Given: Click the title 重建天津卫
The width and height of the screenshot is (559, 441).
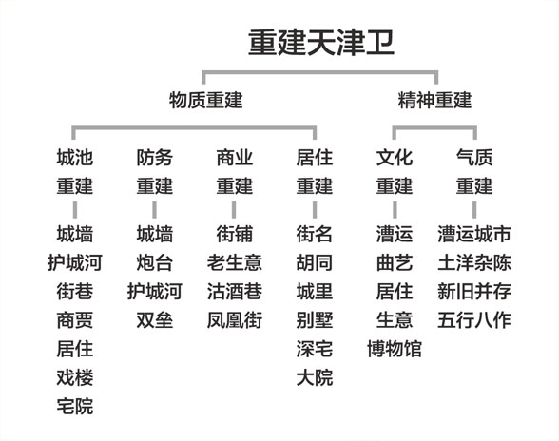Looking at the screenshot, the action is [321, 43].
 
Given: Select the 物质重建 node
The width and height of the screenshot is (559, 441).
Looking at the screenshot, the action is [205, 100].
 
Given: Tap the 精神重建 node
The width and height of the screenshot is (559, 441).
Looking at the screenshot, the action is [434, 100].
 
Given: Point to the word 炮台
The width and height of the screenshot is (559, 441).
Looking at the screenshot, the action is [155, 263].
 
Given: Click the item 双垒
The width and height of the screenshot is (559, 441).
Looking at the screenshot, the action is [155, 320].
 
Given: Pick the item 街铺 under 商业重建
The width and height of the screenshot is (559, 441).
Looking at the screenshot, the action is [235, 234].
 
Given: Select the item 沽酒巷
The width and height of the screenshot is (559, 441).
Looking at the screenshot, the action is [235, 292].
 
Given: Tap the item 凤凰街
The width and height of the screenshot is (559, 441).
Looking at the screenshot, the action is [235, 320].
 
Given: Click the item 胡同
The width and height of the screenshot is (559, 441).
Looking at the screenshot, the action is [315, 263].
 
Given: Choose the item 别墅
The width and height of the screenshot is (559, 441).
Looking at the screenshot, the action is [315, 320].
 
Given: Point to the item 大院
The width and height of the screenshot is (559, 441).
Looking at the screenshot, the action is [315, 377].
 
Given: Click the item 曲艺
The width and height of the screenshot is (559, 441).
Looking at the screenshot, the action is [395, 263].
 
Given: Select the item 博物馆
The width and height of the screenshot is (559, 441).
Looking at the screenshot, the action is [395, 349].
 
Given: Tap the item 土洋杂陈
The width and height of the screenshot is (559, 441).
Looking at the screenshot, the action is [474, 263].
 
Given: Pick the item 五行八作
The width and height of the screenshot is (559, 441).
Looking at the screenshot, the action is [474, 320].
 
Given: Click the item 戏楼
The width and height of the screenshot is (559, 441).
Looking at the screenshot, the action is [75, 377].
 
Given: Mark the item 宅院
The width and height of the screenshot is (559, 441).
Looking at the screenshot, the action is [75, 406].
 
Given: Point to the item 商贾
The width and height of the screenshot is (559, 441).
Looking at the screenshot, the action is [75, 320].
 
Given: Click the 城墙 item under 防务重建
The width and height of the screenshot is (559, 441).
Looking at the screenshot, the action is [155, 234].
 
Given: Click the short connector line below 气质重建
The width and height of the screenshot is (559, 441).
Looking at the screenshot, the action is [474, 210].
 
